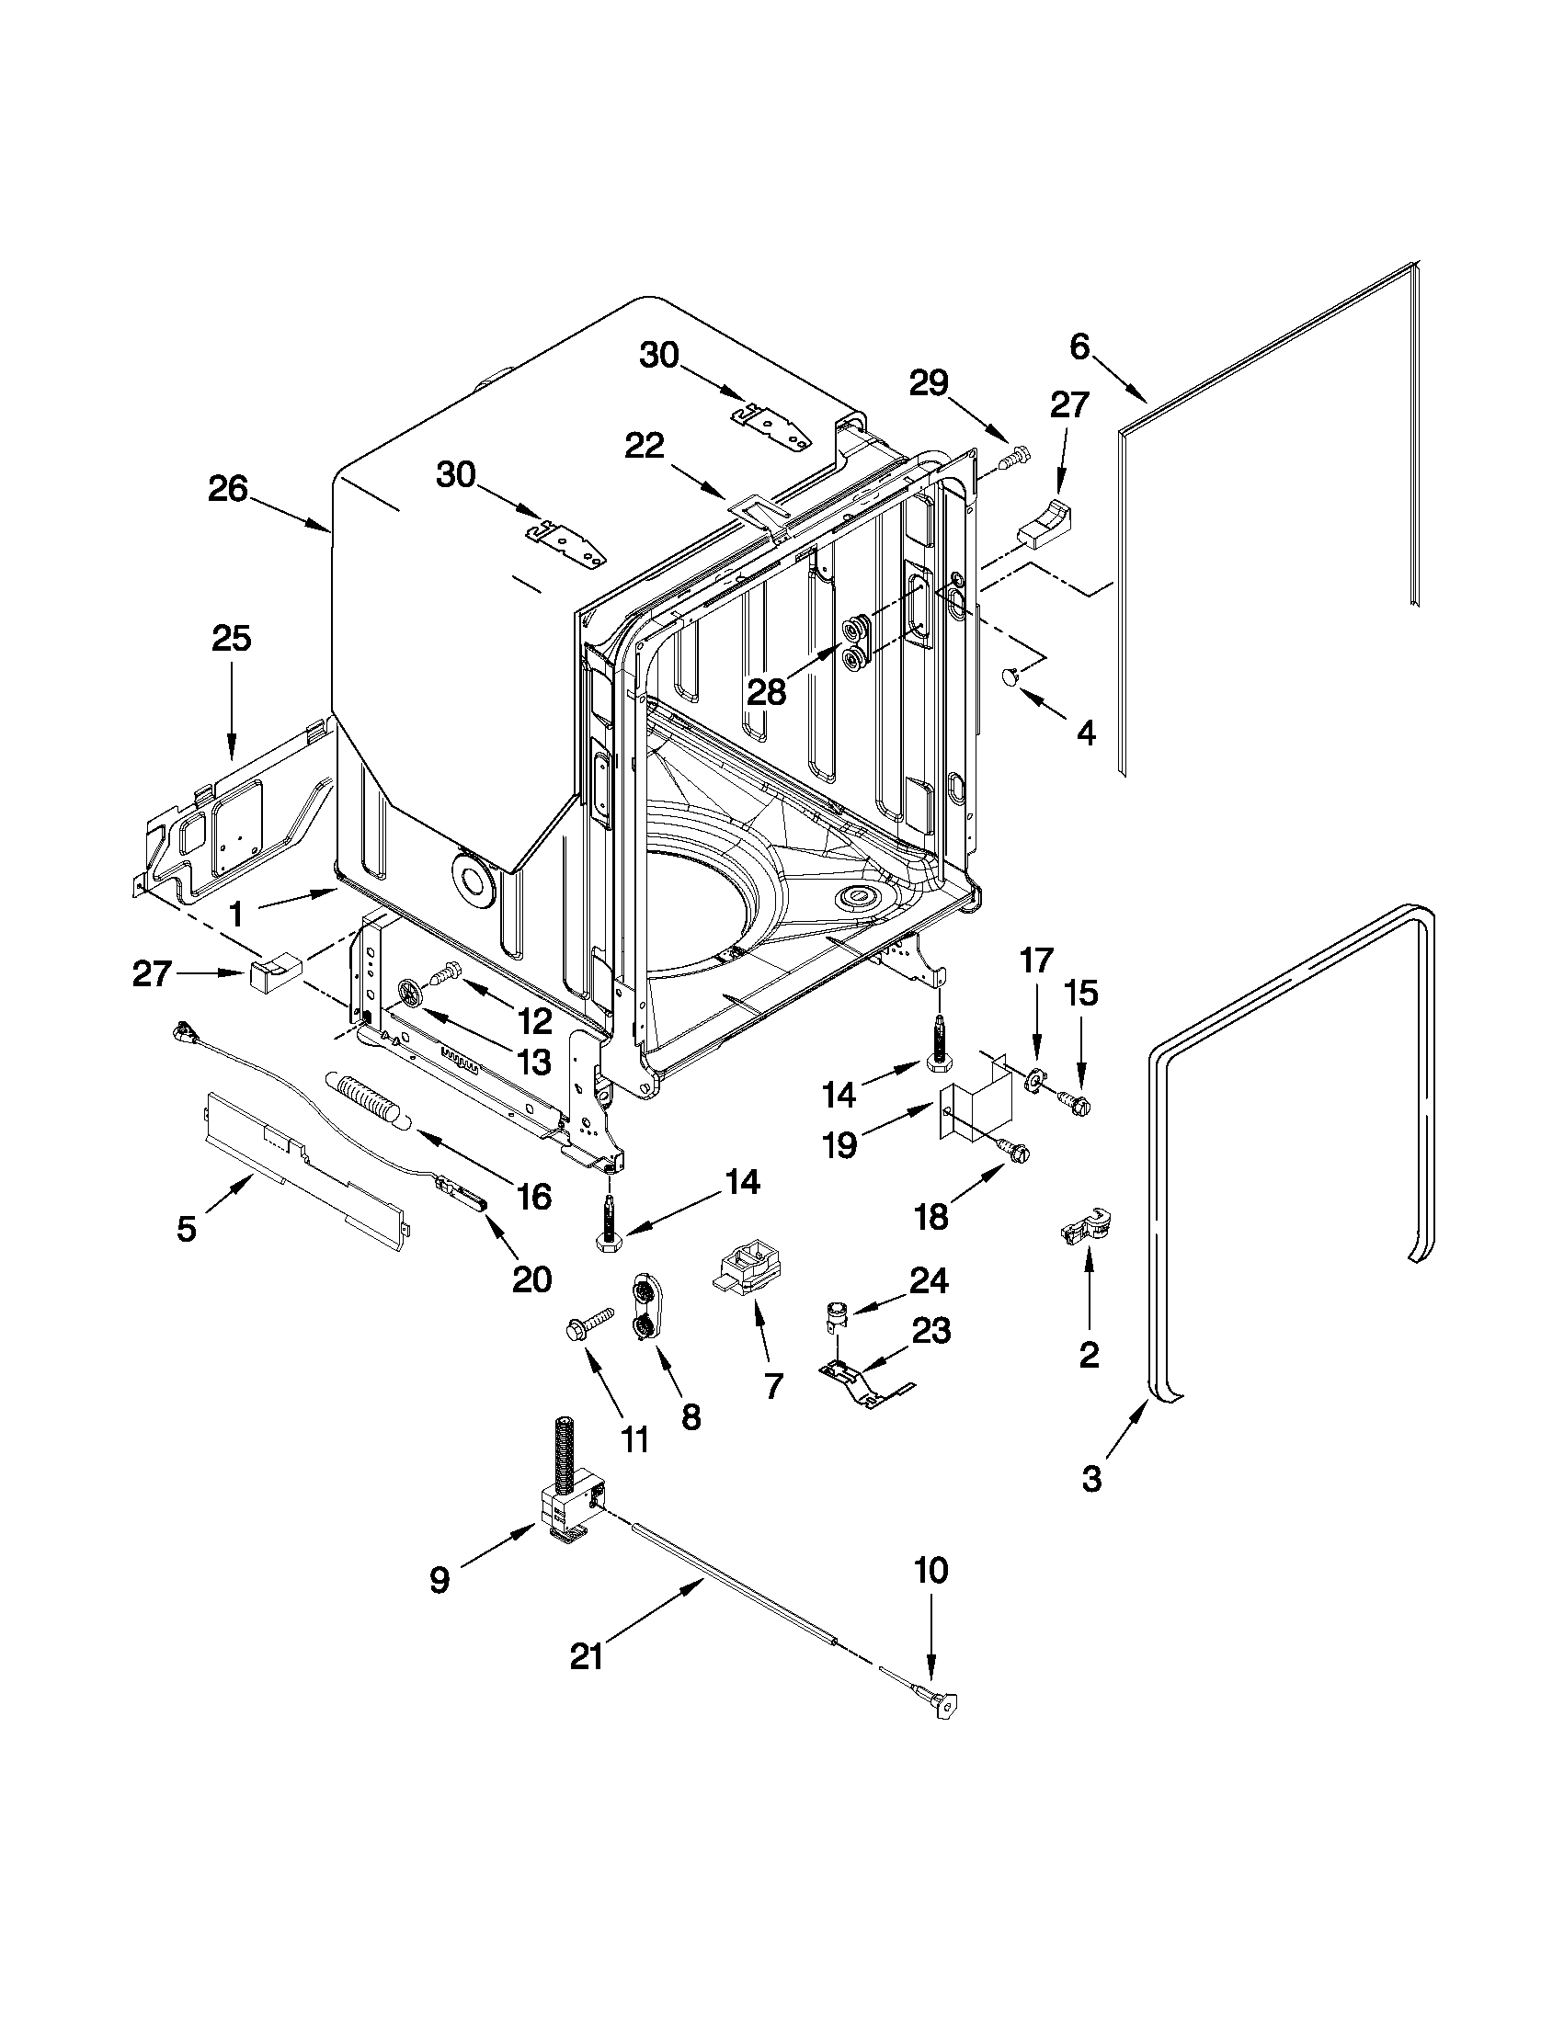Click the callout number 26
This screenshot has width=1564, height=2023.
click(x=228, y=489)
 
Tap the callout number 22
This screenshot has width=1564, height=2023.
click(x=645, y=447)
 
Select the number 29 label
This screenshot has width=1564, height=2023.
click(x=929, y=382)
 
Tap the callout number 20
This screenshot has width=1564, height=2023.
click(x=531, y=1279)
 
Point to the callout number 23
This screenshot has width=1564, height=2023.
click(x=931, y=1331)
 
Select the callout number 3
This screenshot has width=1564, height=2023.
click(x=1091, y=1478)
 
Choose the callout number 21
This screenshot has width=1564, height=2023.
click(x=587, y=1656)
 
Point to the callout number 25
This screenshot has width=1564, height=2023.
click(x=232, y=638)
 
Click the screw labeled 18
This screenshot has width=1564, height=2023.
click(x=1016, y=1151)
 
